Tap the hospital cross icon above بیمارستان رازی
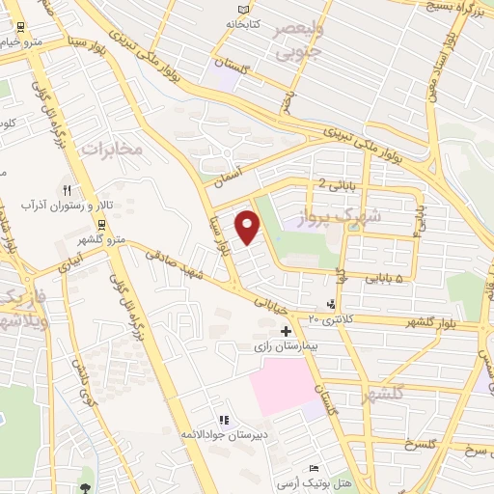point(286,331)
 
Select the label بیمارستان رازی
point(286,344)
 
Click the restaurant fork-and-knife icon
point(67,191)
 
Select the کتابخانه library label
point(244,21)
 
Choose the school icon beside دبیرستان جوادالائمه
point(224,421)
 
